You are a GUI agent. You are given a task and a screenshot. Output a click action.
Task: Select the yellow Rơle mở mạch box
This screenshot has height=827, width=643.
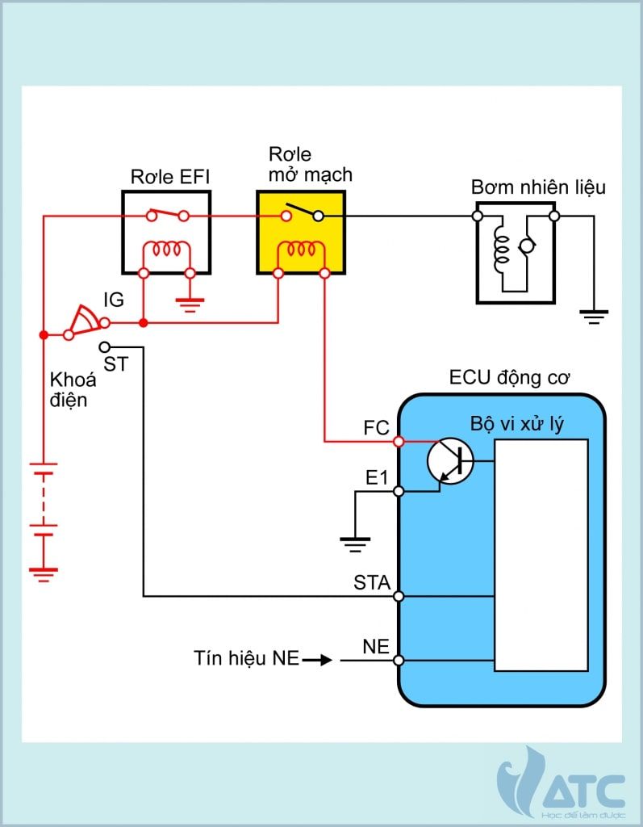coord(301,234)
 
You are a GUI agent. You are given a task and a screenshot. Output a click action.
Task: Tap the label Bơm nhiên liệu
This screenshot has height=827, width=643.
coord(538,188)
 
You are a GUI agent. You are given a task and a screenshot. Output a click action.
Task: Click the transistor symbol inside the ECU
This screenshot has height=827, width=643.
coord(449,462)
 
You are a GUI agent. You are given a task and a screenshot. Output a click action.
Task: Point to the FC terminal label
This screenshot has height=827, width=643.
coord(376,428)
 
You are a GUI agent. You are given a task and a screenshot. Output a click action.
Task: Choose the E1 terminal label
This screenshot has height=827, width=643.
coord(377,478)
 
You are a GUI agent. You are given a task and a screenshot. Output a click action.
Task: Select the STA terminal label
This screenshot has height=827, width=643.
coord(372,581)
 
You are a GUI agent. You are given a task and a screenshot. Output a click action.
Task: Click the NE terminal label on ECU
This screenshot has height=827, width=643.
coord(376,646)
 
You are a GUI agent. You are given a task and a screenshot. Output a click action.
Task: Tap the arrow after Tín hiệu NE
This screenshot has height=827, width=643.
coord(318,660)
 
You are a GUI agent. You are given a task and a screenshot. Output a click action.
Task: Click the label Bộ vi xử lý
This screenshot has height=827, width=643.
coord(516,425)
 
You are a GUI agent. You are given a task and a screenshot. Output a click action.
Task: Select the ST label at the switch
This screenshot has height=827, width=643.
coord(115,364)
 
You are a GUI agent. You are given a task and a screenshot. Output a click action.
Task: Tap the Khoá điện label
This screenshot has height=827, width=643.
coord(73,389)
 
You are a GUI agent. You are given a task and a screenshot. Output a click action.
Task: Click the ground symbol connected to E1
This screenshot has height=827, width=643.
coord(354,544)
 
